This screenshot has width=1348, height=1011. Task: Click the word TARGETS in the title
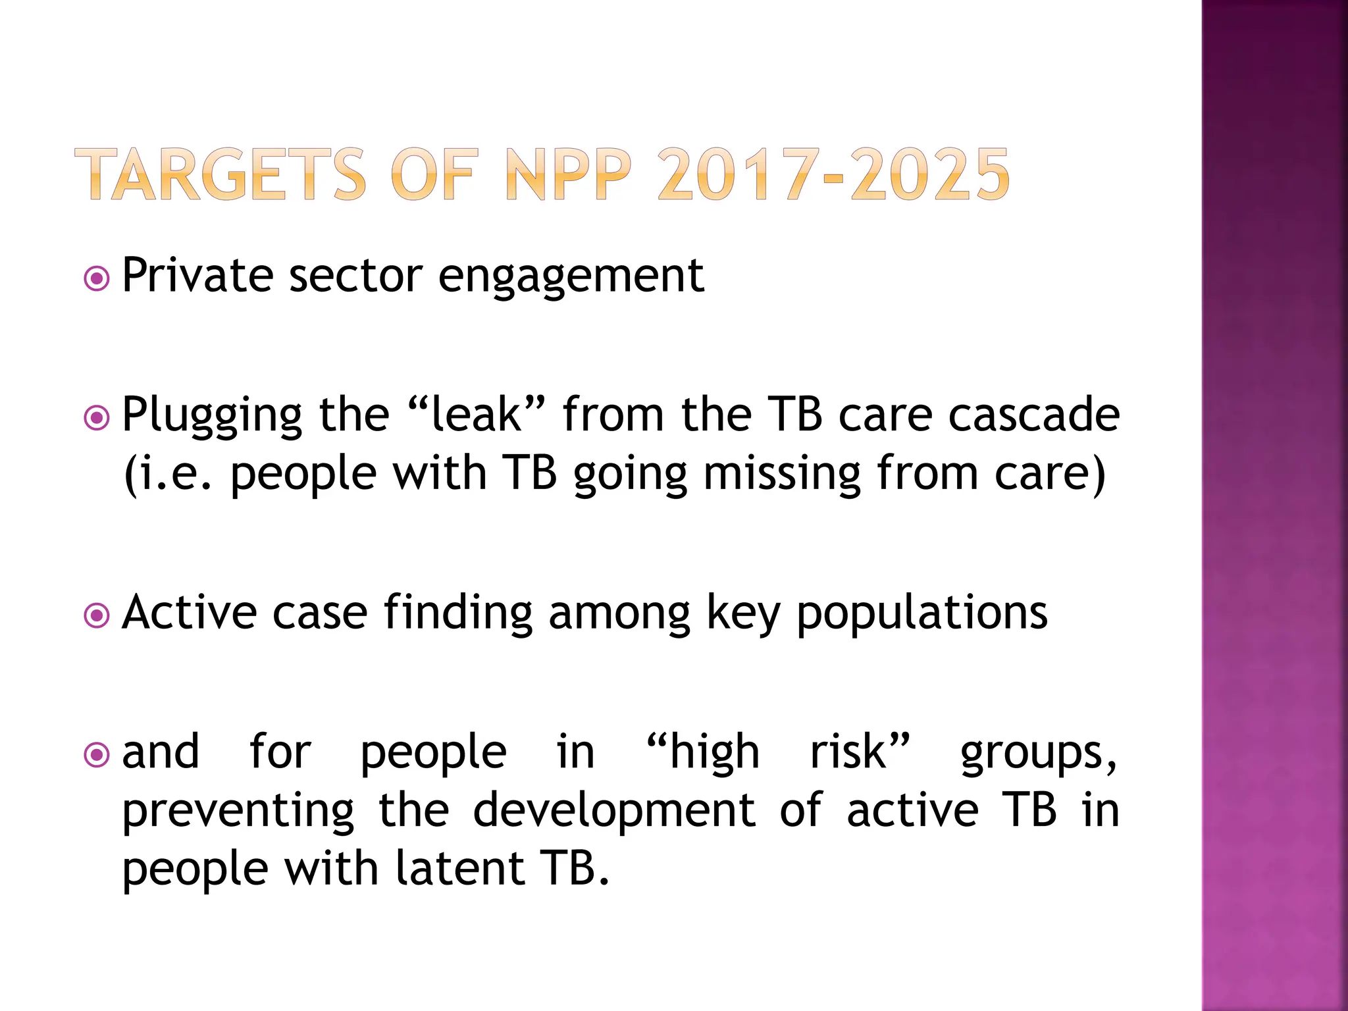[x=220, y=174]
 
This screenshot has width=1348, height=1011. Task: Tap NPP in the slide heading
[x=569, y=174]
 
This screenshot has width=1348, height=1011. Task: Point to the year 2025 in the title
[x=929, y=174]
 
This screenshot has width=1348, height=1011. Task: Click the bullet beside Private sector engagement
[x=97, y=278]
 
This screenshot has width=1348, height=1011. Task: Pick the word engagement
[x=571, y=276]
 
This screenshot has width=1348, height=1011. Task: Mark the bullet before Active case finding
[x=97, y=616]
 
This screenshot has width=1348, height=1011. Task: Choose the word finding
[x=458, y=613]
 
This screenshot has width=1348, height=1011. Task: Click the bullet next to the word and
[x=97, y=755]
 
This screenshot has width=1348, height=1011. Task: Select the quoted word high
[x=713, y=752]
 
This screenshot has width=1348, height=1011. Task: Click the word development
[x=614, y=811]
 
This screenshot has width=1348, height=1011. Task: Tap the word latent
[x=459, y=869]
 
